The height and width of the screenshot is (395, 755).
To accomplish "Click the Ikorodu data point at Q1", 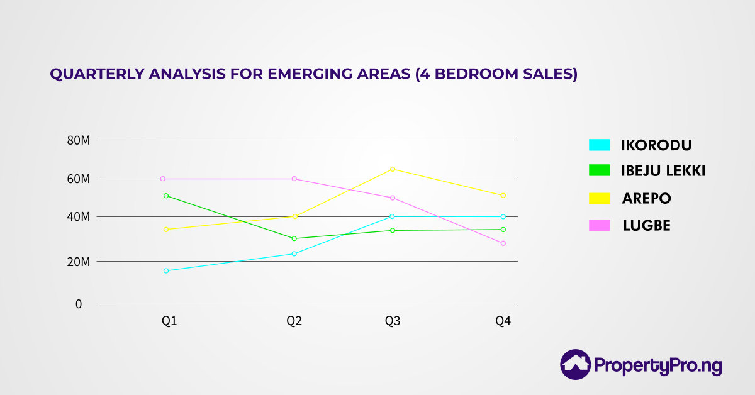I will click(166, 271).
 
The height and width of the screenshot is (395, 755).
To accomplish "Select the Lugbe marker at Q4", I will click(503, 243).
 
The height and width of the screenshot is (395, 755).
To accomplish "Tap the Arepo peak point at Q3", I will click(393, 169).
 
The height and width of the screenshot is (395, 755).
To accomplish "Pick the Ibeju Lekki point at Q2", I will click(294, 238).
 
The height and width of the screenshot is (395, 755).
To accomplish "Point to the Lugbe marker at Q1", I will click(162, 179).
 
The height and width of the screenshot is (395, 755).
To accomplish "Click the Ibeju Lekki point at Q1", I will click(166, 196).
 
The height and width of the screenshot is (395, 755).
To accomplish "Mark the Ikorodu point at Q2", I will click(294, 253).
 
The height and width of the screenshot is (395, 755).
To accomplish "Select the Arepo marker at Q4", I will click(503, 196).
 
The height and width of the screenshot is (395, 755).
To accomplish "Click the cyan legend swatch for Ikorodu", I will click(600, 145).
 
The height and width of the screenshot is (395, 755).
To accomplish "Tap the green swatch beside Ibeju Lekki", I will click(600, 170).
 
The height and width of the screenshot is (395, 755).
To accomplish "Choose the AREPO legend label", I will click(646, 199).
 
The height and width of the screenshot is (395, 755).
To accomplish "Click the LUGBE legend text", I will click(646, 226).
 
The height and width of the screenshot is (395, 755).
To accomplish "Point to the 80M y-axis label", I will click(79, 140).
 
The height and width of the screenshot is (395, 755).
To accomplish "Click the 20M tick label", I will click(79, 262).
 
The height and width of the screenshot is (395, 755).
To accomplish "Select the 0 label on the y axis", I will click(79, 304).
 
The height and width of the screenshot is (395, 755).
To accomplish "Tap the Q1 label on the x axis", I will click(169, 321).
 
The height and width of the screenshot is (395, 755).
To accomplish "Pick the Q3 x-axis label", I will click(393, 321).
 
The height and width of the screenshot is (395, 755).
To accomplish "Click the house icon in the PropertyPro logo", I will click(575, 364).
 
